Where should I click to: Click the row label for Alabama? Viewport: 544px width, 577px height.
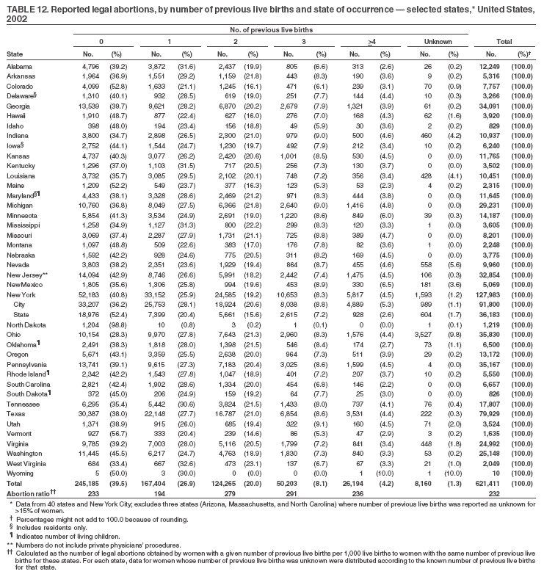coord(18,66)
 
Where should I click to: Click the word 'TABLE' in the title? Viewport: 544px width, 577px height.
coord(18,7)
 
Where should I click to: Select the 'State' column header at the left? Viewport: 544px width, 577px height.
coord(14,54)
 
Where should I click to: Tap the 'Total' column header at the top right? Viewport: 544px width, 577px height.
coord(503,42)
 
